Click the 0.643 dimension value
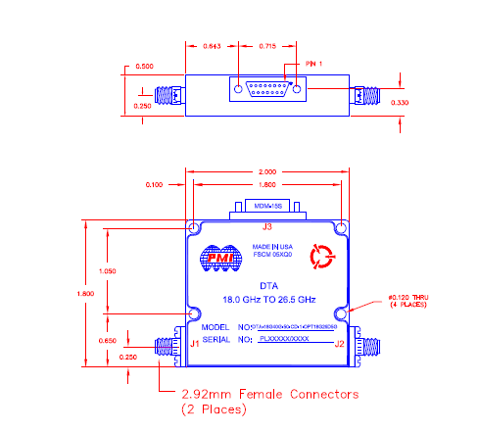[212, 47]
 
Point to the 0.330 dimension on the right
[401, 101]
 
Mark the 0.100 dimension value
[155, 184]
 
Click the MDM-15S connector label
[267, 208]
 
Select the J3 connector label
[266, 227]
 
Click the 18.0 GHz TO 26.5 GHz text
[267, 301]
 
